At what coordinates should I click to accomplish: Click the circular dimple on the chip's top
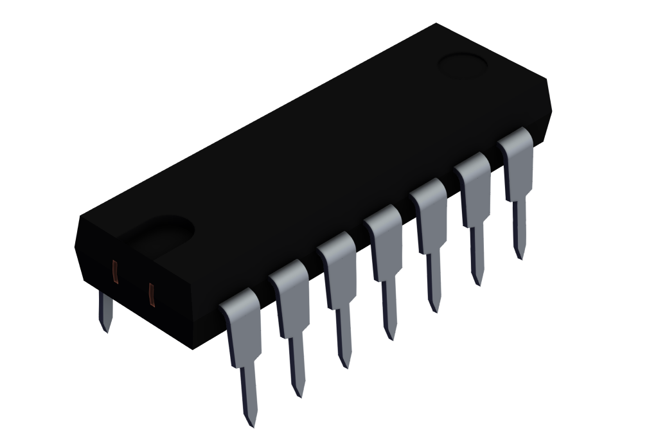pyautogui.click(x=463, y=65)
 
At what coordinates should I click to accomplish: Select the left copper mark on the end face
pyautogui.click(x=116, y=272)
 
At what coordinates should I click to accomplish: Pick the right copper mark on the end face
pyautogui.click(x=152, y=294)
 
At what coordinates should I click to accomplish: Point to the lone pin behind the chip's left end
pyautogui.click(x=105, y=312)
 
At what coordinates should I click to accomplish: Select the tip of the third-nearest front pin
pyautogui.click(x=346, y=364)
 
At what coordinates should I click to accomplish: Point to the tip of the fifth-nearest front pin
pyautogui.click(x=435, y=308)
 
